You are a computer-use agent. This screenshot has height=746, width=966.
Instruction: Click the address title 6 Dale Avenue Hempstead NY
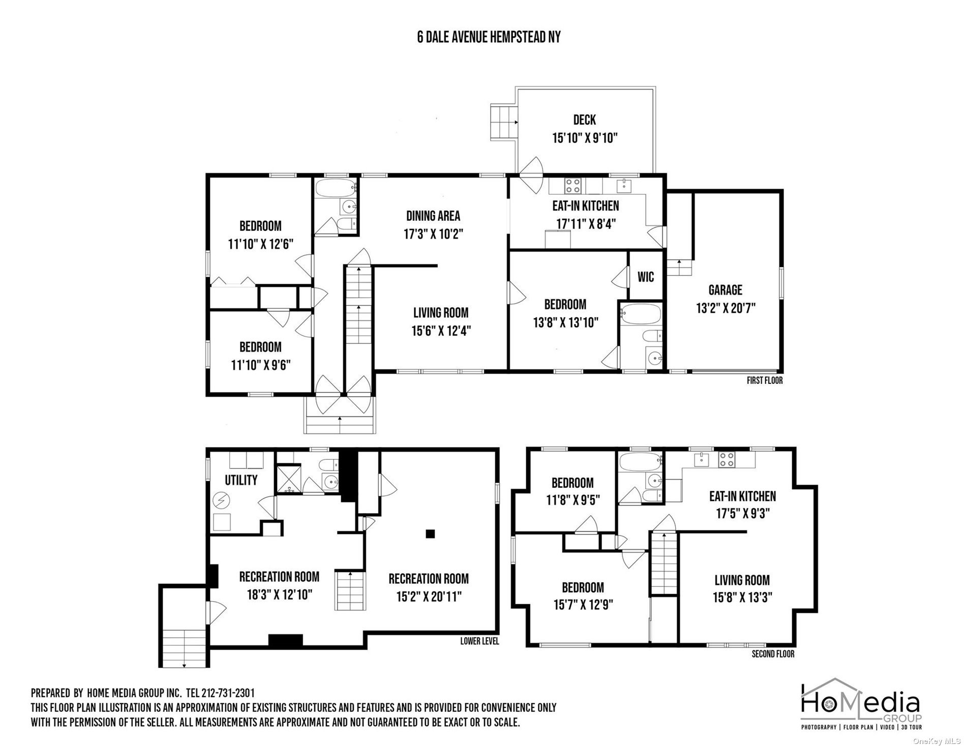click(489, 38)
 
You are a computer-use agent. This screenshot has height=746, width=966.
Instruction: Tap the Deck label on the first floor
click(584, 120)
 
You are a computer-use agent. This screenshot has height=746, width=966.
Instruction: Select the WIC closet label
click(646, 277)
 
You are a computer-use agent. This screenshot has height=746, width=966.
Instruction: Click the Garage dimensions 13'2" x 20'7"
click(725, 309)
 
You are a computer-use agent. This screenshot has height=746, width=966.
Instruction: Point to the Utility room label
click(241, 480)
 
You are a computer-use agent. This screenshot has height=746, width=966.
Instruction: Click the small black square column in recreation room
click(431, 533)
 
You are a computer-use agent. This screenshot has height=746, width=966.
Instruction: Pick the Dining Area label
click(433, 216)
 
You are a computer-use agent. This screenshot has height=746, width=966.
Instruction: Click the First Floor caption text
click(764, 380)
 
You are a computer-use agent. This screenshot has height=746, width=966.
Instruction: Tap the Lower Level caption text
click(479, 641)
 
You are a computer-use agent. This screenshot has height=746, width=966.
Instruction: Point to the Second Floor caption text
click(772, 654)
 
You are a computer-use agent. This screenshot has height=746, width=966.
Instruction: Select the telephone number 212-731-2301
click(228, 693)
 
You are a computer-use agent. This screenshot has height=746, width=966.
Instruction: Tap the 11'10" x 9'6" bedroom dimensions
click(260, 366)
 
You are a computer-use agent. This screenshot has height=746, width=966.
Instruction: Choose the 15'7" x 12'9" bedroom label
click(583, 596)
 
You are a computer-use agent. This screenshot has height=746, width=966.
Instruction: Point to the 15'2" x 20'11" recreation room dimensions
click(429, 596)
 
